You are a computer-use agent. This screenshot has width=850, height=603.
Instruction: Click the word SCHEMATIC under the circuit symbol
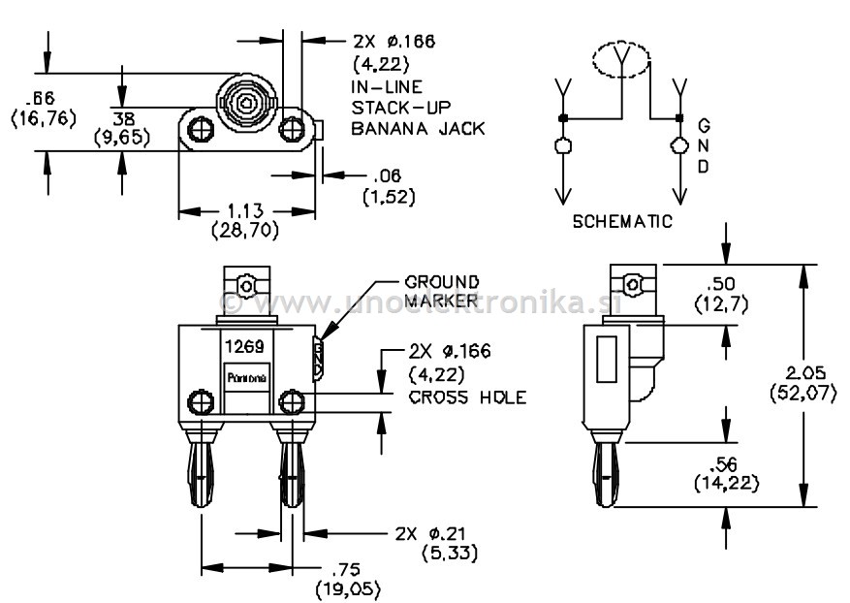click(621, 221)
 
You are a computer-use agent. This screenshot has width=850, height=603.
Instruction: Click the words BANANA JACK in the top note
click(417, 128)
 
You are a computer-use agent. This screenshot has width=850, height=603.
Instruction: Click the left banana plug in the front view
click(202, 470)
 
